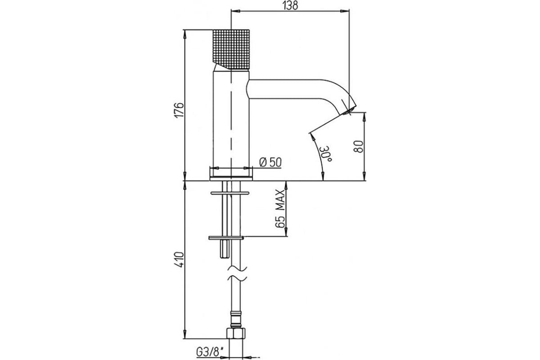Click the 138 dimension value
(291, 5)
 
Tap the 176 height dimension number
(179, 110)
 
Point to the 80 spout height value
(359, 146)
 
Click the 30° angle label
(326, 153)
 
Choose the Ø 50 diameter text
(270, 162)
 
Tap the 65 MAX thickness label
(280, 209)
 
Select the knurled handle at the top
(231, 49)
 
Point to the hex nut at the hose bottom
(236, 333)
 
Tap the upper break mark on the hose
(238, 268)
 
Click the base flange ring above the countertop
(231, 179)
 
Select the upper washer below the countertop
(230, 193)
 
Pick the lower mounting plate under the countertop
(226, 238)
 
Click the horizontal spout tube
(284, 89)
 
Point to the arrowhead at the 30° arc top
(312, 136)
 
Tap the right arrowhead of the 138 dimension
(345, 11)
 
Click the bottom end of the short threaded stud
(225, 258)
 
